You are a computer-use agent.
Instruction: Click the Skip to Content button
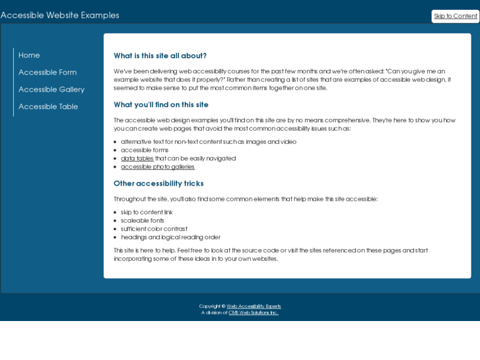[455, 17]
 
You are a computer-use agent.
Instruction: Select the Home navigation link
[29, 55]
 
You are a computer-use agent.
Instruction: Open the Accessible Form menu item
[48, 73]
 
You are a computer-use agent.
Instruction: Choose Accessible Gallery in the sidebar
[51, 90]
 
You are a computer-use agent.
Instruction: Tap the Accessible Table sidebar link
[48, 107]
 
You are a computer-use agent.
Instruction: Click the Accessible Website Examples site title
[60, 15]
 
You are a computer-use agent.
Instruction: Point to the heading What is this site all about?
[160, 56]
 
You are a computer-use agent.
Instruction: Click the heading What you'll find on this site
[161, 105]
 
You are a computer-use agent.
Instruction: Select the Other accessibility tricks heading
[158, 184]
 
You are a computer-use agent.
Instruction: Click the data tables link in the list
[137, 159]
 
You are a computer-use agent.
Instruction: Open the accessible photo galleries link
[158, 167]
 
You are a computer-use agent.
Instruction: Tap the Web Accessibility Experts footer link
[254, 306]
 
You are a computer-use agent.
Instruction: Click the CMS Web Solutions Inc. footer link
[253, 313]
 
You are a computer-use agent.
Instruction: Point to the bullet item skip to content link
[147, 213]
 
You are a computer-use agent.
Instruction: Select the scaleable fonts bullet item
[143, 221]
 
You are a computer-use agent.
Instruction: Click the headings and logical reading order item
[170, 237]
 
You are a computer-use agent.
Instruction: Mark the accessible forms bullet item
[145, 150]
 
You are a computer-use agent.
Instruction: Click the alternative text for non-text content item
[209, 142]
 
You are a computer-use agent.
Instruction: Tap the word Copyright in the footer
[210, 306]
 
